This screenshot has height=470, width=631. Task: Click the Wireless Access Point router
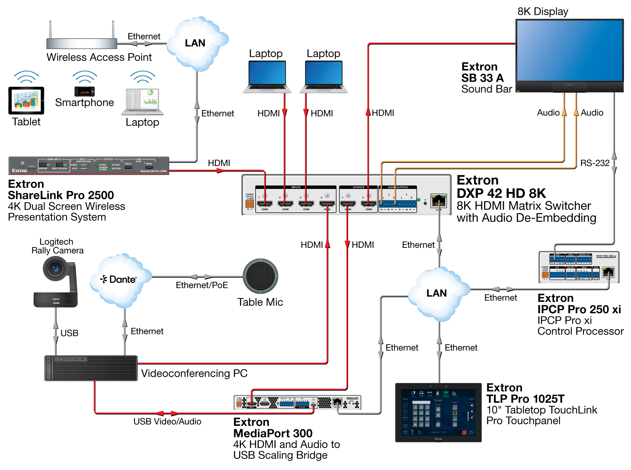click(x=82, y=43)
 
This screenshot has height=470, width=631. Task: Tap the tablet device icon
click(x=26, y=101)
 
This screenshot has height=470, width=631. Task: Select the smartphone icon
click(x=84, y=91)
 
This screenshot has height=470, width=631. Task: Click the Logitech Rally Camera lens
click(x=55, y=269)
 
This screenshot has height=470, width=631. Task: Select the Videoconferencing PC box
click(x=91, y=368)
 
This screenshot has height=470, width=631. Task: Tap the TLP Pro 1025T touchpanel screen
click(x=438, y=412)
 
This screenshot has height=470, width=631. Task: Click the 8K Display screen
click(x=569, y=50)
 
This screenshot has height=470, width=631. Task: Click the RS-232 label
click(x=595, y=163)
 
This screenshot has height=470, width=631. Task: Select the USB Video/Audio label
click(x=167, y=421)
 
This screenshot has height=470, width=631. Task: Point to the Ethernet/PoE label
click(x=202, y=285)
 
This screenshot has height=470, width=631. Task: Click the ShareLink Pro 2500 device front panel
click(x=89, y=165)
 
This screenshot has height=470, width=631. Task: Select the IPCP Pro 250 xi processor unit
click(x=579, y=267)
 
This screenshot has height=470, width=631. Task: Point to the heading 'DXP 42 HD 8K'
click(x=501, y=193)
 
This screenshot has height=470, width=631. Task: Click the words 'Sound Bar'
click(x=487, y=89)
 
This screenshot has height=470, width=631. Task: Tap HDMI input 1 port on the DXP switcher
click(x=265, y=204)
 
